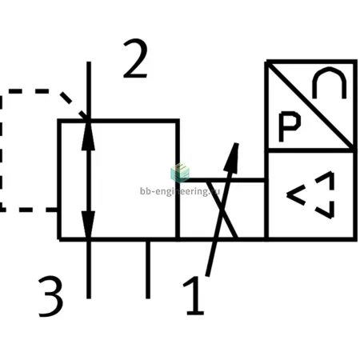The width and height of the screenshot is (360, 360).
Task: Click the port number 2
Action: [135, 58]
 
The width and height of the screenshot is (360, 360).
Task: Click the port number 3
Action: [51, 297]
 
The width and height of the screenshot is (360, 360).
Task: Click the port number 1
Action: [194, 295]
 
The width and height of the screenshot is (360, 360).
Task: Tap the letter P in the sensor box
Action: [289, 126]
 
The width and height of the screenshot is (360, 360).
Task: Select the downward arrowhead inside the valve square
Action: [89, 224]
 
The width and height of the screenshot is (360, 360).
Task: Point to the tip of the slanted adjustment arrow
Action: [237, 143]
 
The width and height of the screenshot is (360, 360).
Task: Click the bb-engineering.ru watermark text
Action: [180, 191]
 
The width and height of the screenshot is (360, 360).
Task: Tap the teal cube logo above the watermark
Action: [180, 173]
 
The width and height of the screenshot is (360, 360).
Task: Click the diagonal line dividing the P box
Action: [310, 106]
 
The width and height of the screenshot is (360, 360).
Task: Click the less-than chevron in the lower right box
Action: [296, 195]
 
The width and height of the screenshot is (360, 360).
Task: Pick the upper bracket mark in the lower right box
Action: [326, 180]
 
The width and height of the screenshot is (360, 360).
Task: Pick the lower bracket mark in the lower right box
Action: [326, 210]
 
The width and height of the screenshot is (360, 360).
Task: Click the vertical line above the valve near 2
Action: [89, 90]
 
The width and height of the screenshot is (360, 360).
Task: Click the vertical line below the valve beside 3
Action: [89, 269]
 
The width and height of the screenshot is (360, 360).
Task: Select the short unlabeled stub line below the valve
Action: [148, 270]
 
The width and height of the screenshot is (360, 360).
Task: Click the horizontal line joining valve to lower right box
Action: [222, 180]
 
